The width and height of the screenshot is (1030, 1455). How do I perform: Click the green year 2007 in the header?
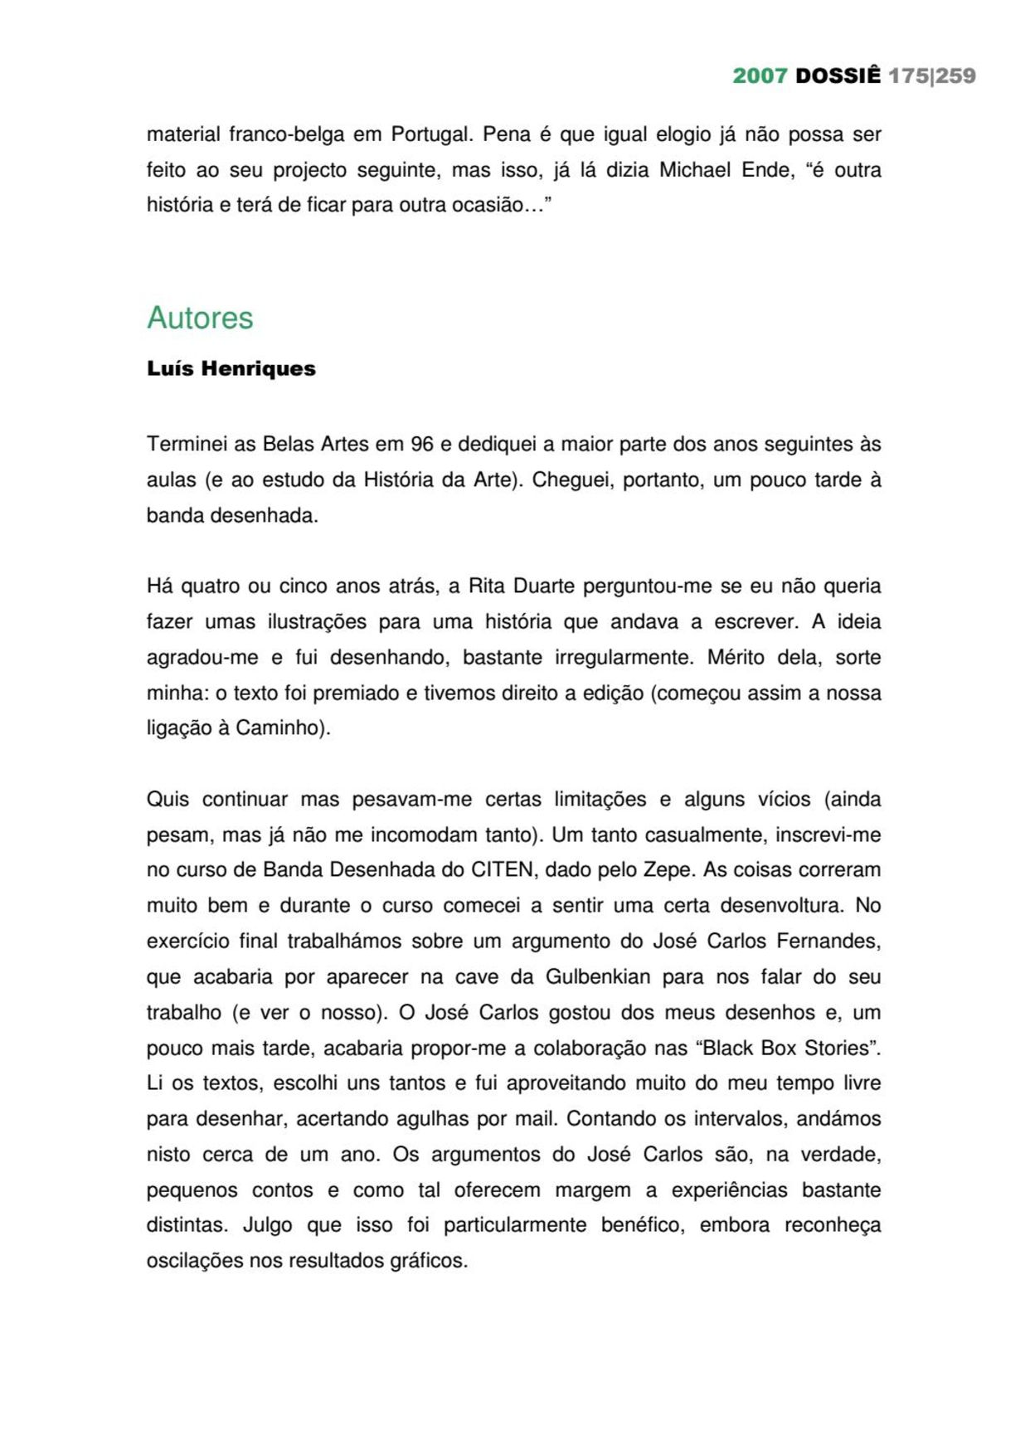point(759,75)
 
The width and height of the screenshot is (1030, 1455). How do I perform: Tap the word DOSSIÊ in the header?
point(838,75)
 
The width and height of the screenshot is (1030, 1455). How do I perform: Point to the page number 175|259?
point(931,75)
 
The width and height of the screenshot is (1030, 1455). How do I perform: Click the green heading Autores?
point(200,318)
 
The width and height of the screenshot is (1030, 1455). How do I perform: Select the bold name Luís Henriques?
point(231,368)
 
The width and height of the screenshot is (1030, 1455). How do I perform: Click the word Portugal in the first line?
point(431,134)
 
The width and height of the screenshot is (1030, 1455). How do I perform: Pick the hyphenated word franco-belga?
point(286,134)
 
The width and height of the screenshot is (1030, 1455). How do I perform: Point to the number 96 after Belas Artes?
point(422,444)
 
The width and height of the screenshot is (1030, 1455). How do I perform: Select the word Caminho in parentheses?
point(279,727)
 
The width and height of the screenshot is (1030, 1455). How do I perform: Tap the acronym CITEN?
point(502,869)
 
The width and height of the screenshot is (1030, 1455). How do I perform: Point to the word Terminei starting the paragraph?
point(187,444)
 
